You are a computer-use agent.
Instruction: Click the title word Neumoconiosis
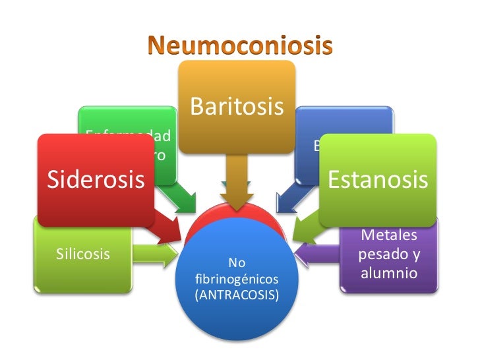pos(239,45)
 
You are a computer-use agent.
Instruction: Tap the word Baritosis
pos(237,106)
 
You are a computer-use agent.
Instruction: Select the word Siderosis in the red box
pos(95,179)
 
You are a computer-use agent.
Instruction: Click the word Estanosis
pos(378,179)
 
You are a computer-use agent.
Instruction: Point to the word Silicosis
pos(82,254)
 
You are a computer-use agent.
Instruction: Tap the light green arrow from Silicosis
pos(155,251)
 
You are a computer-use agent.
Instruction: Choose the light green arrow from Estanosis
pos(303,228)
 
